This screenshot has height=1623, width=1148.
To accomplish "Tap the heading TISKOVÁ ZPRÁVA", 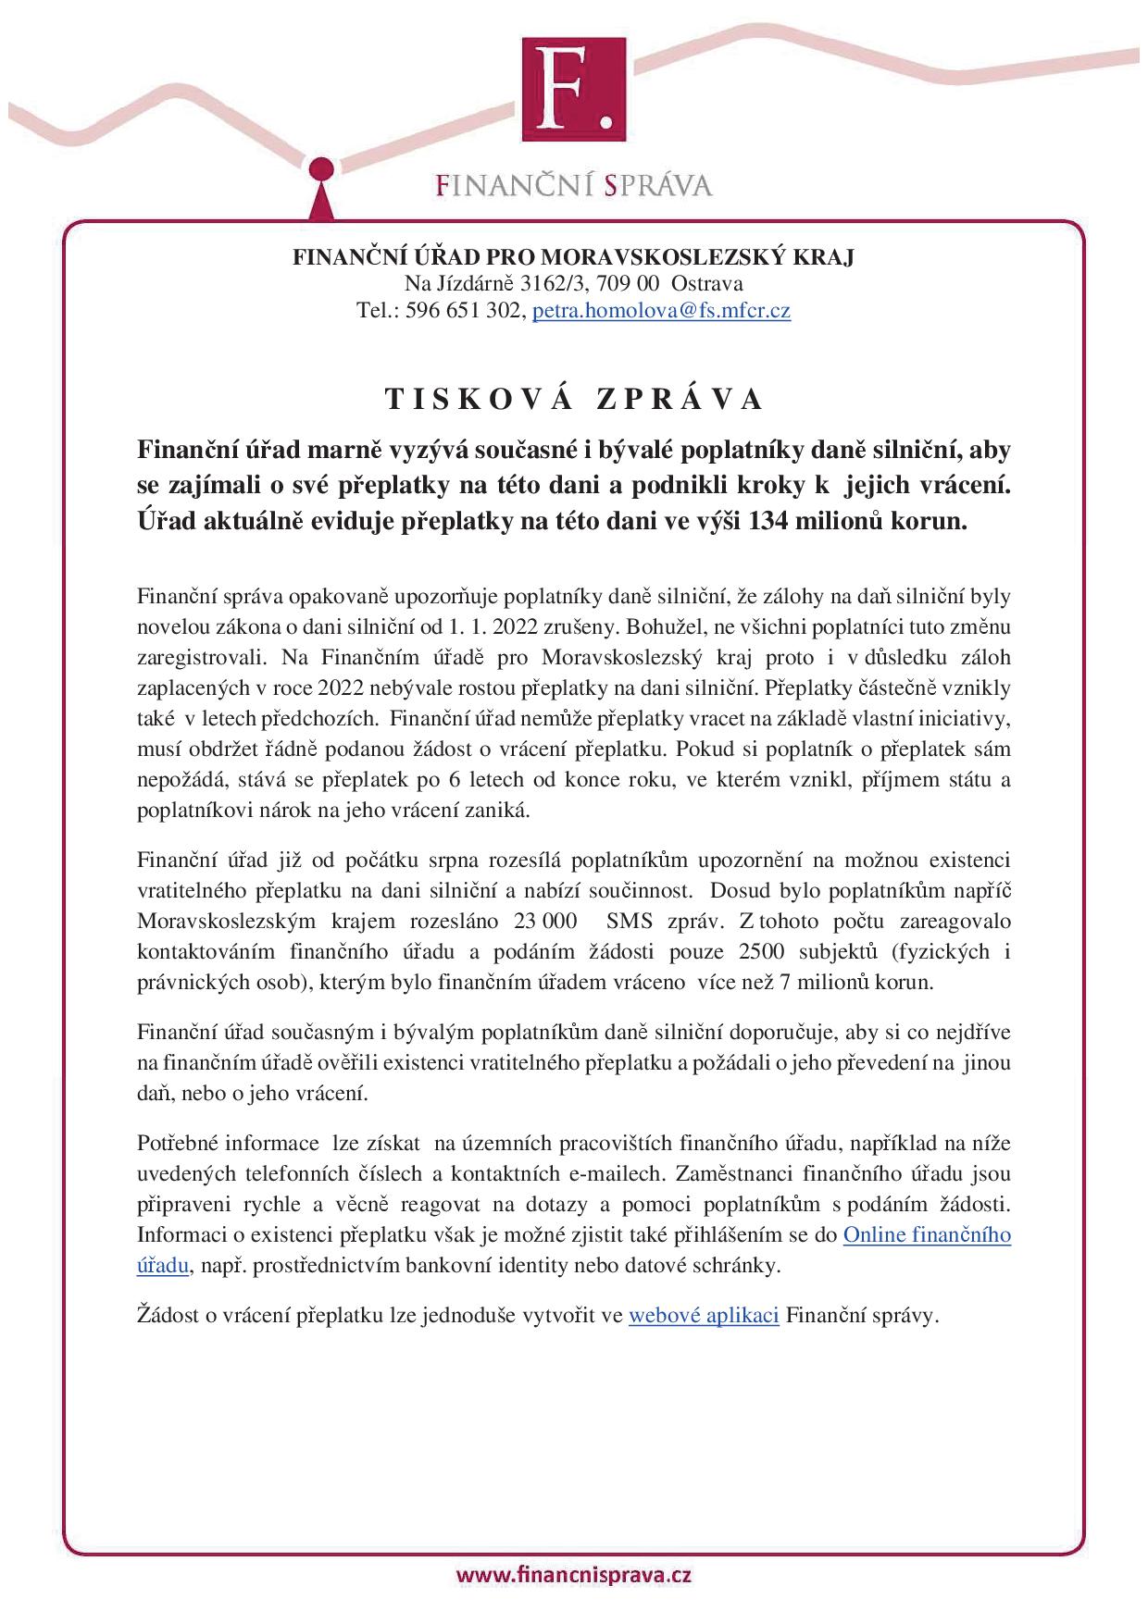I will tap(574, 399).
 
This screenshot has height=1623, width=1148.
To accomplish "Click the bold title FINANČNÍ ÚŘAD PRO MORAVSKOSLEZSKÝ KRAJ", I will tap(574, 256).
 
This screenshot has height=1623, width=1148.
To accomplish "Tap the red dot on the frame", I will tap(320, 170).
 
